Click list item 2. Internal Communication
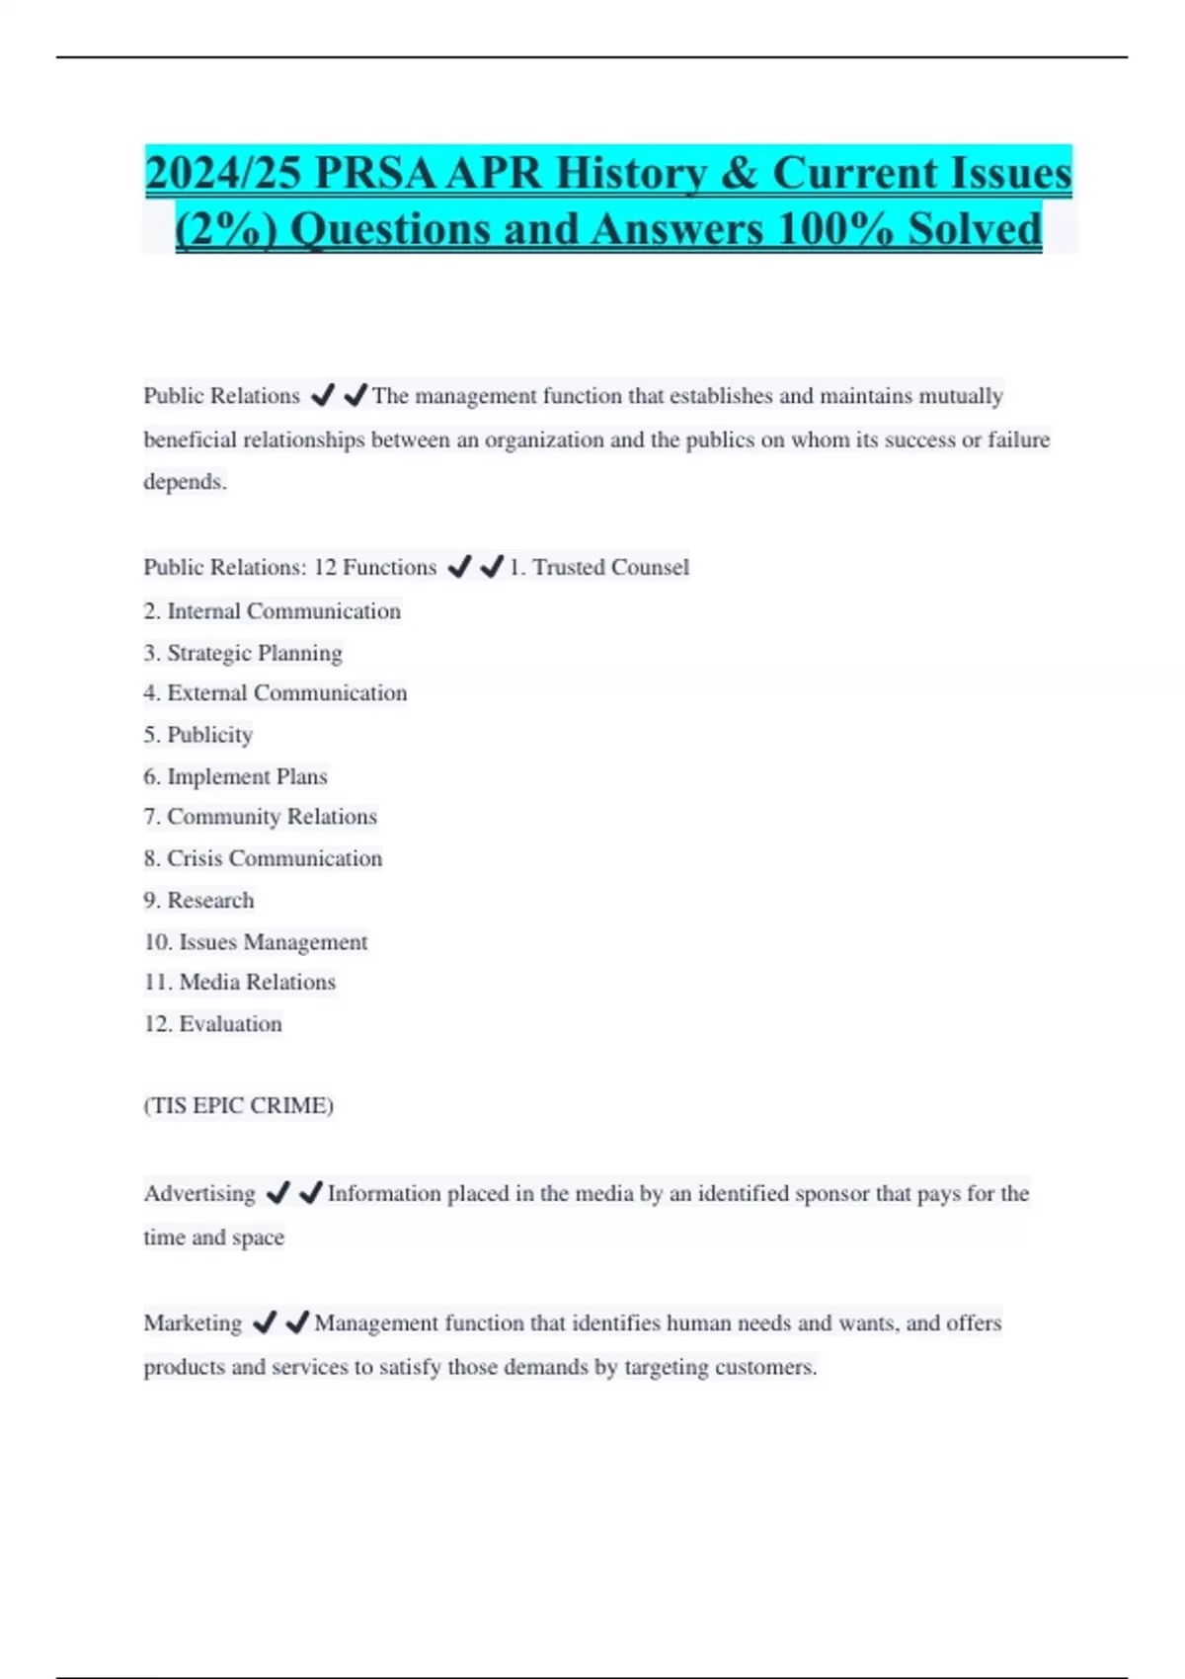coord(272,611)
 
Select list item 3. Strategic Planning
coord(243,653)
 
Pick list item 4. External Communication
coord(275,693)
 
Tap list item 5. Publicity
coord(197,735)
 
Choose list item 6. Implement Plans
coord(235,777)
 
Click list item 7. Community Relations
coord(260,817)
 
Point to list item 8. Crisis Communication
coord(263,858)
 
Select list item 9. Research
coord(198,901)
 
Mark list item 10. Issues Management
coord(255,942)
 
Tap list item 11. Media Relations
coord(239,982)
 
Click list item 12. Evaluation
coord(212,1024)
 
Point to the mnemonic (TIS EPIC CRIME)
coord(238,1106)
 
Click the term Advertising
coord(199,1194)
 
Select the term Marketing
coord(193,1323)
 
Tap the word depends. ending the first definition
coord(185,482)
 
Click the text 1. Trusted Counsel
coord(598,568)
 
